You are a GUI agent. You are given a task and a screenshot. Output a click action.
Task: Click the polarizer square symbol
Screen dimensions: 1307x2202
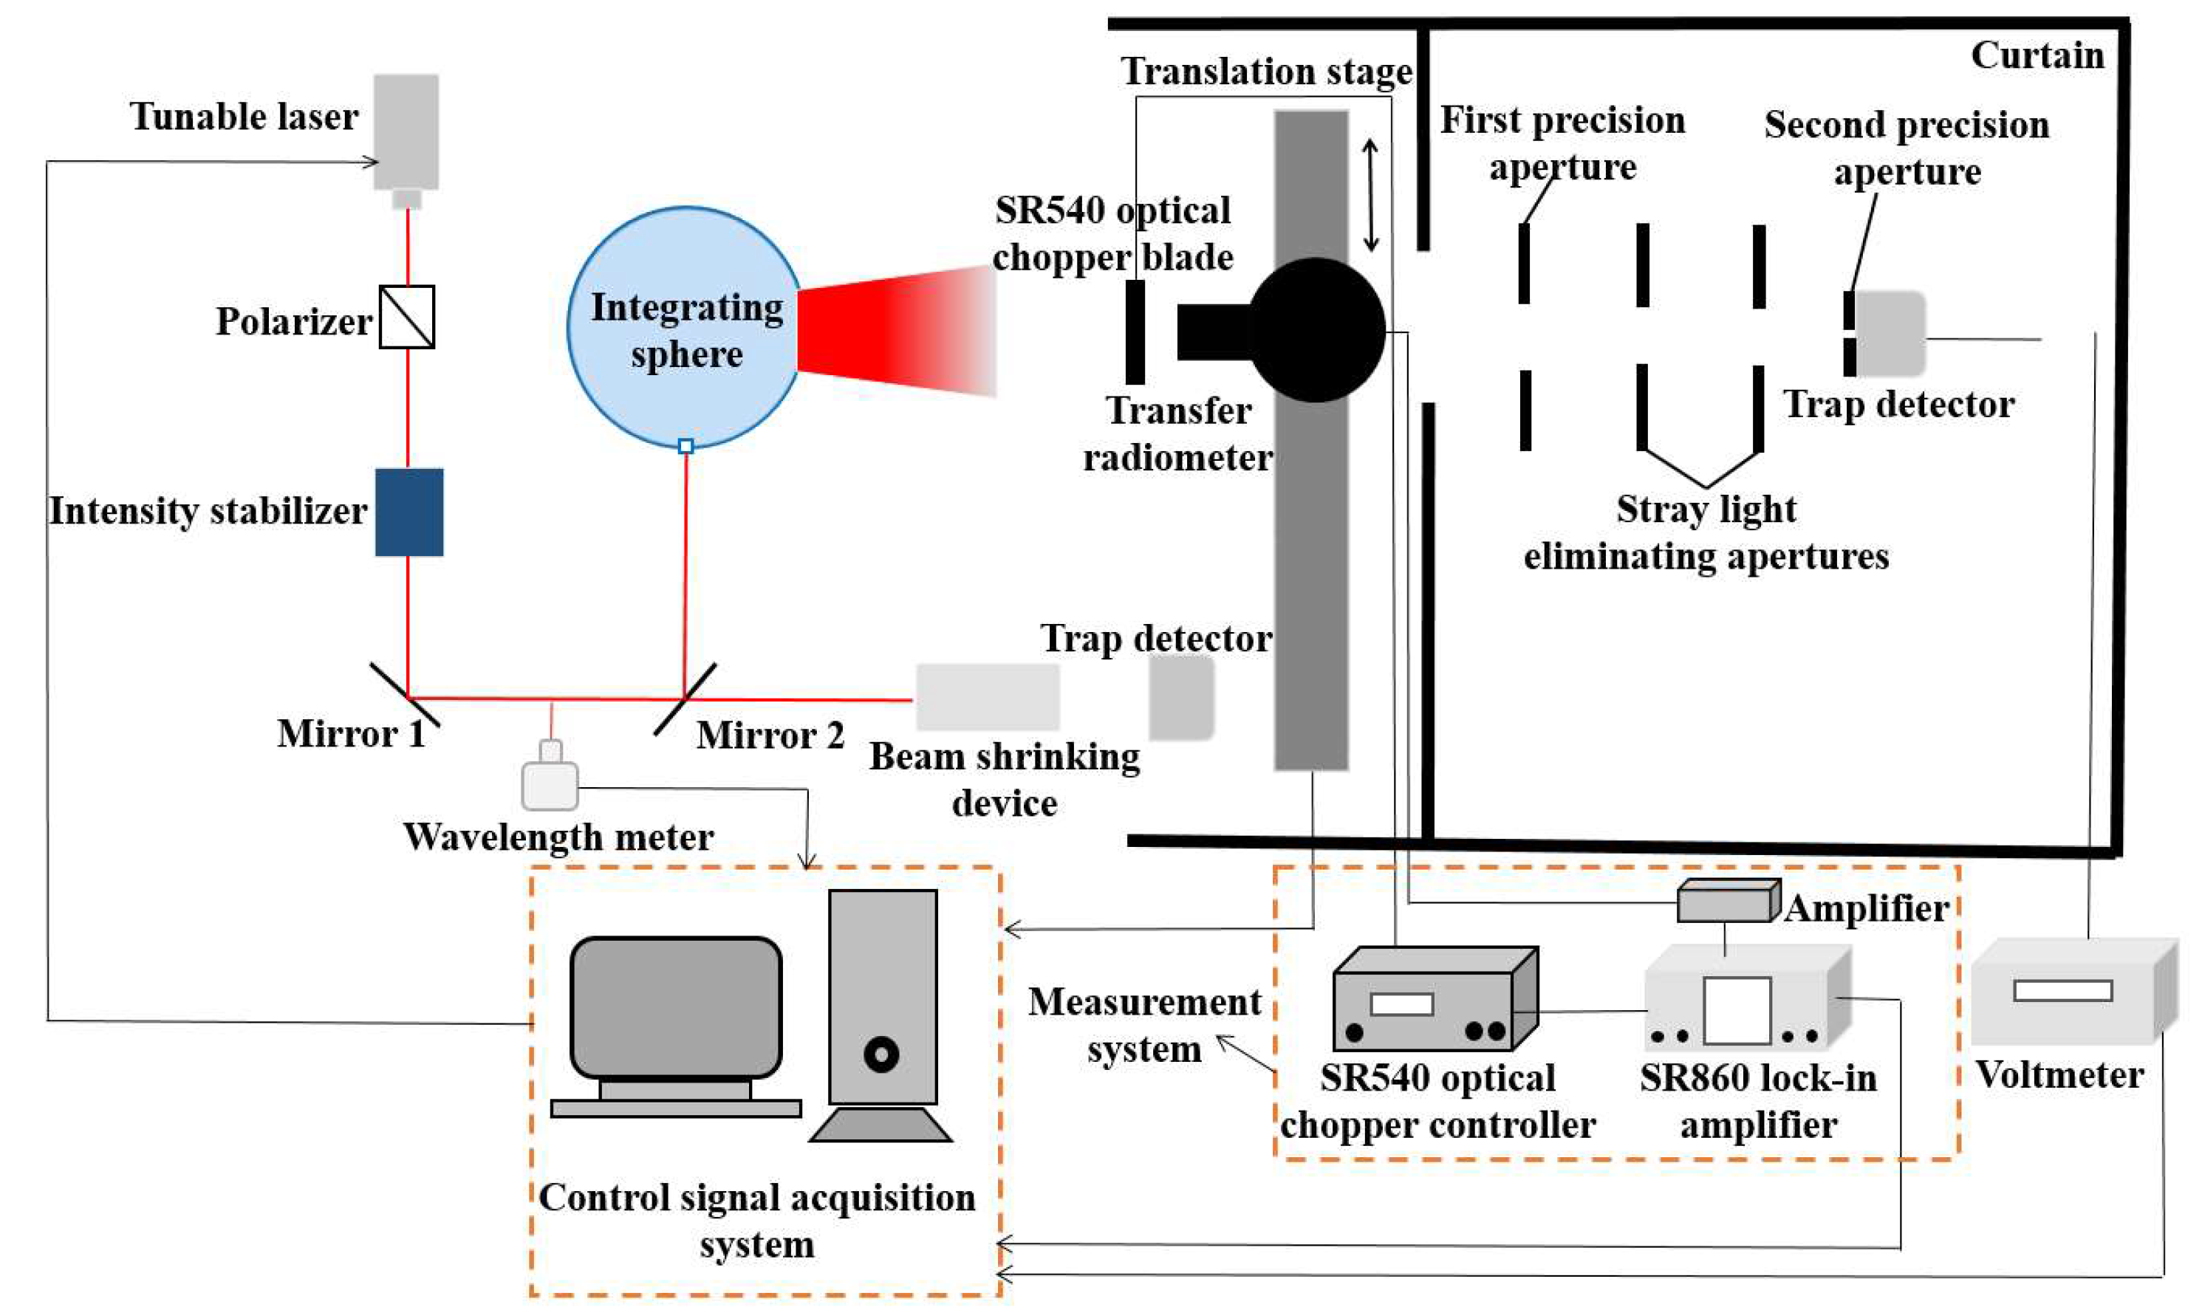(x=406, y=317)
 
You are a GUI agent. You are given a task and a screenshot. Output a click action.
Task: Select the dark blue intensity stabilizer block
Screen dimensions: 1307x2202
(x=408, y=512)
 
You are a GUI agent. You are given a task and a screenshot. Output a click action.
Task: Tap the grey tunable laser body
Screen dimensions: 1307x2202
(x=406, y=132)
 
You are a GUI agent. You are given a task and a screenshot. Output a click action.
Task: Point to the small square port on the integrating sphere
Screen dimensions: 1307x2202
(x=686, y=447)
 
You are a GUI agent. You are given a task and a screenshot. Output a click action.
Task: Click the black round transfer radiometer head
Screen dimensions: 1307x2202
(x=1317, y=330)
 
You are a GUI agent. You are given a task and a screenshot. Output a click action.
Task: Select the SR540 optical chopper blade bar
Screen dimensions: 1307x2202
(x=1135, y=332)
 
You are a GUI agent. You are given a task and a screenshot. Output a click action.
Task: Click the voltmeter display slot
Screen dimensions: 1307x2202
(x=2063, y=991)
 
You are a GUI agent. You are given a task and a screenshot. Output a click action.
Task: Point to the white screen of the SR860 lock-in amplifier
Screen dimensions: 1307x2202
(x=1736, y=1011)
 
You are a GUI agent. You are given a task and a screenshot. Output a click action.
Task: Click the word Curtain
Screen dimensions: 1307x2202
(x=2037, y=55)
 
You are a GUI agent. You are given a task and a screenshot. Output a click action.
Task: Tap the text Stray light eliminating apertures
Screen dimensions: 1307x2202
(x=1706, y=534)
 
